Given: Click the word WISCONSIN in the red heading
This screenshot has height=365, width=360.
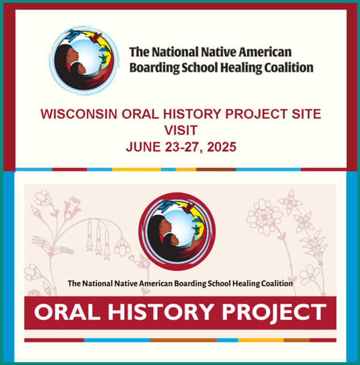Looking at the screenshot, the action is pyautogui.click(x=79, y=114).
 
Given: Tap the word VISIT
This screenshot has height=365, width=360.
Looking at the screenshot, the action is pyautogui.click(x=181, y=130).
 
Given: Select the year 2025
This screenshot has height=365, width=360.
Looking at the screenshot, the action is pyautogui.click(x=221, y=147).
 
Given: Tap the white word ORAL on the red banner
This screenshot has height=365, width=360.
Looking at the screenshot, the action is pyautogui.click(x=68, y=312).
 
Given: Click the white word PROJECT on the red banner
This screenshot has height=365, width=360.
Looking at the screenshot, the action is pyautogui.click(x=274, y=313).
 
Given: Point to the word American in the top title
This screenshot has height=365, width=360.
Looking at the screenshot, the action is pyautogui.click(x=265, y=52).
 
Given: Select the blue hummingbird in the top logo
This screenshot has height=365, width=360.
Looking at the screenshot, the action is pyautogui.click(x=73, y=35).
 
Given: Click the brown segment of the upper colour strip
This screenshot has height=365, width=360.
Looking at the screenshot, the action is pyautogui.click(x=216, y=170).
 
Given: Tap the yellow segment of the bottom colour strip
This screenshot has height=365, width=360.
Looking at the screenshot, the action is pyautogui.click(x=261, y=340).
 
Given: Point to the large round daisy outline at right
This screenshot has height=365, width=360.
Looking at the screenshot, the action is pyautogui.click(x=265, y=217).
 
